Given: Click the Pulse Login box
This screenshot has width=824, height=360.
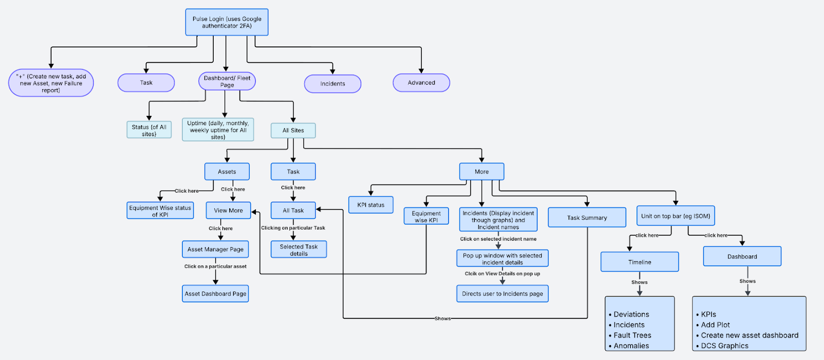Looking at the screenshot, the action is tap(227, 22).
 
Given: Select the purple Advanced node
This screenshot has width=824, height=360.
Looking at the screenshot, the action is tap(421, 83).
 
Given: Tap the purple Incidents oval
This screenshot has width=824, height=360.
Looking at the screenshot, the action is tap(333, 84).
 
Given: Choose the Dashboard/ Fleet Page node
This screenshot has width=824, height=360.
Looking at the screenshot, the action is tap(227, 81).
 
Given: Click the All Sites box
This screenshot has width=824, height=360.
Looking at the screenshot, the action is tap(293, 130).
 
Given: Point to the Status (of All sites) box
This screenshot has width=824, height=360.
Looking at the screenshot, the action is tap(149, 130).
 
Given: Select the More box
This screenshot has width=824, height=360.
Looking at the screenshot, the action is tap(482, 172).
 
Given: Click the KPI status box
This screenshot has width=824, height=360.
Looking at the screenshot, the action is tap(371, 205).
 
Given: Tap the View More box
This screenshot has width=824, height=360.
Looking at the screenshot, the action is tap(229, 210).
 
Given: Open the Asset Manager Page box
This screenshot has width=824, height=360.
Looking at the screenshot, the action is tap(215, 249).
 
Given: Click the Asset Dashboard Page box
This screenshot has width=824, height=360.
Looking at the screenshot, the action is tap(215, 294).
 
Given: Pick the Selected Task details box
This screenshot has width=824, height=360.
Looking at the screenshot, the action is tap(299, 249).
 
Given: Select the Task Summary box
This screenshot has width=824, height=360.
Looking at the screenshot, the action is tap(587, 217).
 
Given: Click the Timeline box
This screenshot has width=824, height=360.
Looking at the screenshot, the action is tap(640, 262).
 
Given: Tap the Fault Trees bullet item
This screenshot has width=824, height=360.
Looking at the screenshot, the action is tap(630, 335).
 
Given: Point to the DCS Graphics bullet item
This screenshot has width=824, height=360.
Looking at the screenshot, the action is tap(722, 346).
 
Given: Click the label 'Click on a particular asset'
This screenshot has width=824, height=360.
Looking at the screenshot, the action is tap(216, 266).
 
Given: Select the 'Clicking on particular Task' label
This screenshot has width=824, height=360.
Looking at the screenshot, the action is tap(293, 228).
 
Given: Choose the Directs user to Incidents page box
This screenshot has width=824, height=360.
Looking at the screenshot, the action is tap(503, 294).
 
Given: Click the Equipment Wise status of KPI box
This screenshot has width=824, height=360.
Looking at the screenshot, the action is tap(160, 211).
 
